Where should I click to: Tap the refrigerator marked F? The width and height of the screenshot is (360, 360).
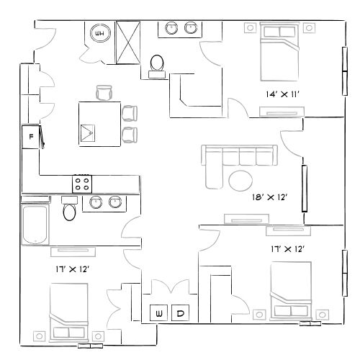31,136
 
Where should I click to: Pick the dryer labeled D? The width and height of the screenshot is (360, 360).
181,312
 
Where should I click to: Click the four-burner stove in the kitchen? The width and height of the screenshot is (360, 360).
81,183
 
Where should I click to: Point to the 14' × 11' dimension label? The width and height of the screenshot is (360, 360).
283,94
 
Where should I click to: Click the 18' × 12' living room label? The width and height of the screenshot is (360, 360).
269,197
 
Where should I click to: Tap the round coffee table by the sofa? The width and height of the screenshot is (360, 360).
241,179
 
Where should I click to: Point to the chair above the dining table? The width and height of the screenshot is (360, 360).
105,92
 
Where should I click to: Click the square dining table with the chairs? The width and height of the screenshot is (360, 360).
99,123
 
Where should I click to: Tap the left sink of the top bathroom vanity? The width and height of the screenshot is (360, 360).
172,29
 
